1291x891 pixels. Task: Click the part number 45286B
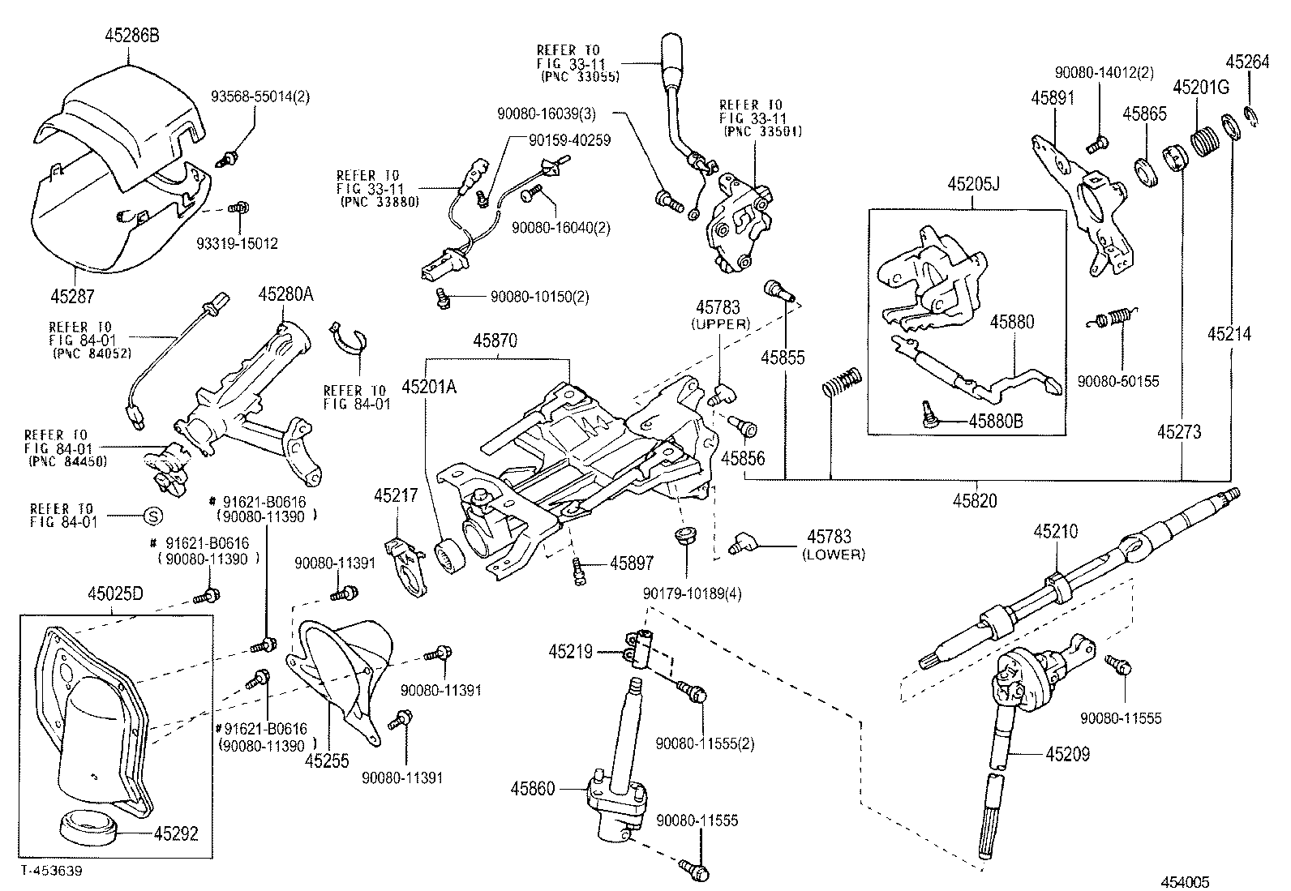(x=131, y=35)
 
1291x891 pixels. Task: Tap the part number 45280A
(x=285, y=294)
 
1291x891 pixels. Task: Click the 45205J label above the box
(x=973, y=185)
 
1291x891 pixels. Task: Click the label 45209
(x=1067, y=754)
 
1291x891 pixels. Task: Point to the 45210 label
(x=1056, y=532)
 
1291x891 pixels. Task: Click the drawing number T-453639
(x=52, y=870)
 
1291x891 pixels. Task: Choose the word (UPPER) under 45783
(x=721, y=324)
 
